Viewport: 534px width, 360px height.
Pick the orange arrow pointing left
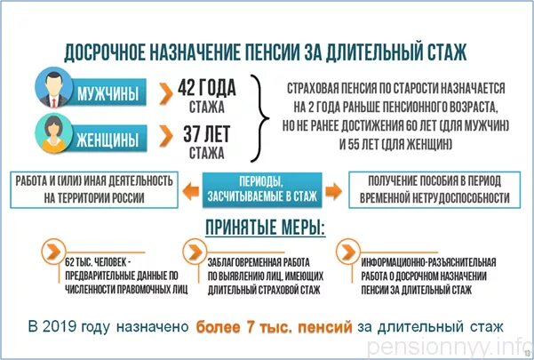point(190,188)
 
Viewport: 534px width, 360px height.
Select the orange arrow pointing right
point(333,188)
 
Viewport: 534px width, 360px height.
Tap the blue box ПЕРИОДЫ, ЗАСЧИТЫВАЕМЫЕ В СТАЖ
point(262,188)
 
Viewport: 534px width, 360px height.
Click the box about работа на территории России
point(92,188)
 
